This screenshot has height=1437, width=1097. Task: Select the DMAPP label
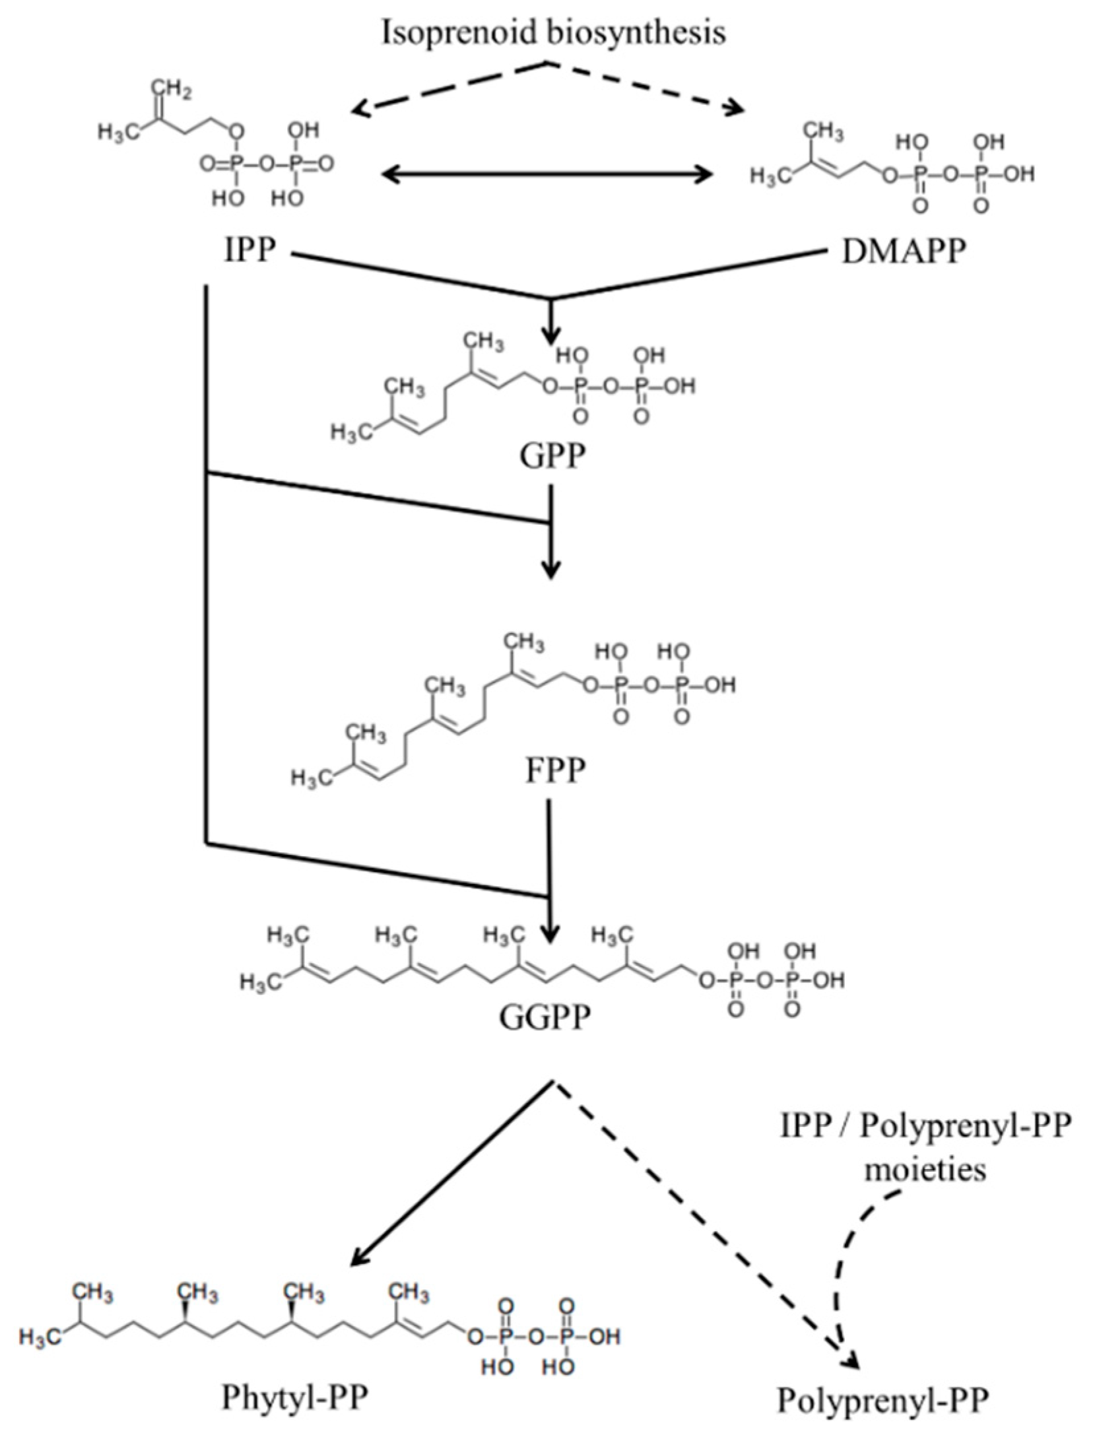point(902,251)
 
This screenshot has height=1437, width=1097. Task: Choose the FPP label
point(555,771)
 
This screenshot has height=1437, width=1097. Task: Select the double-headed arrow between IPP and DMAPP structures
point(548,175)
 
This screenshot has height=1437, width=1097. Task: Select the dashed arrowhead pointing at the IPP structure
point(360,110)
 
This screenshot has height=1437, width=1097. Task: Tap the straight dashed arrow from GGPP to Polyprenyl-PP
point(700,1215)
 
